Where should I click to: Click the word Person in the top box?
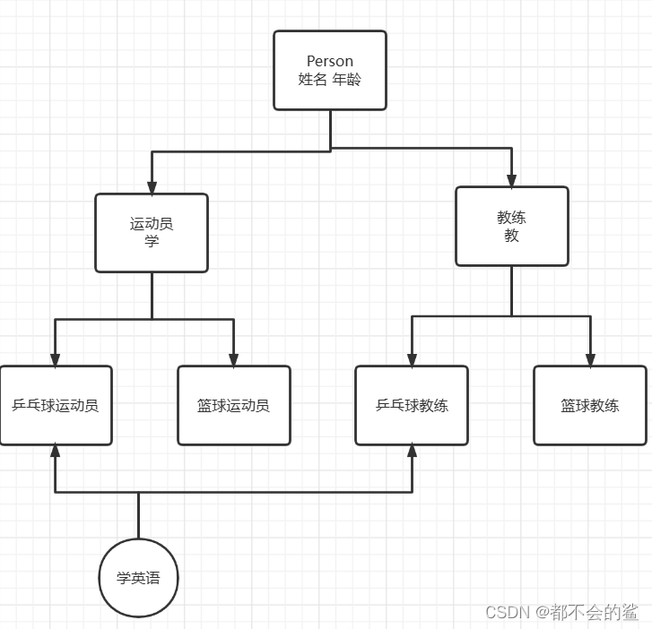(x=330, y=61)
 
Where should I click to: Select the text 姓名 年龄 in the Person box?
(x=330, y=79)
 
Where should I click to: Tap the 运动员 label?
(x=152, y=224)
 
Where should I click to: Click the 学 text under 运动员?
(x=152, y=241)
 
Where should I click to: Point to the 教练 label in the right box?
(x=512, y=218)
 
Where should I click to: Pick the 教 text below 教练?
(x=512, y=236)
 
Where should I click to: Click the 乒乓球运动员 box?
(x=56, y=405)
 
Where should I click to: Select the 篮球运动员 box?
(x=233, y=405)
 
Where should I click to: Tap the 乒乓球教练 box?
(x=412, y=405)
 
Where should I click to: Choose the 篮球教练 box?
(x=590, y=405)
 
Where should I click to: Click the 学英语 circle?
(x=138, y=578)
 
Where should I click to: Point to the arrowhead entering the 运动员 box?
(x=152, y=187)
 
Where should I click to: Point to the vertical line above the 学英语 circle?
(x=138, y=515)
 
